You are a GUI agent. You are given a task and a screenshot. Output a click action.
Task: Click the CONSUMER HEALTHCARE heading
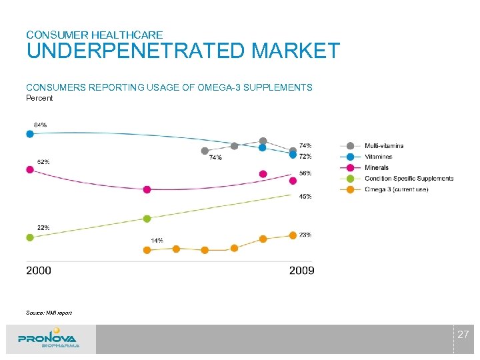point(94,34)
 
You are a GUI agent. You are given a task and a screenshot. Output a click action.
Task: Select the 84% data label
point(40,125)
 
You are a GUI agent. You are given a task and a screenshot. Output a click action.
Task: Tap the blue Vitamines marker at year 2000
point(29,134)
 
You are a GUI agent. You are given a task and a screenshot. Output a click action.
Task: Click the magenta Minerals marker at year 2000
point(29,169)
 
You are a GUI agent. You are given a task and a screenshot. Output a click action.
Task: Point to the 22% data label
point(43,227)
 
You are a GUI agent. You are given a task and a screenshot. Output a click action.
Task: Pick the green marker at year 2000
point(29,237)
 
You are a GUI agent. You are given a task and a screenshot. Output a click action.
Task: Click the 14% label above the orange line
point(157,240)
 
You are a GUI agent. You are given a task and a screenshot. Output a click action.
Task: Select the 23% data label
point(305,235)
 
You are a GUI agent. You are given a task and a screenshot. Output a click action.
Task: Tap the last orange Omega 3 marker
point(293,235)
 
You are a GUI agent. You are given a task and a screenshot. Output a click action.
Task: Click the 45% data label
point(305,197)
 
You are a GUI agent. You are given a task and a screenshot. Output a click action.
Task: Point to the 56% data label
point(305,173)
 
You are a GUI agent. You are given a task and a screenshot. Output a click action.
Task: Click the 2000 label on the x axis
point(39,271)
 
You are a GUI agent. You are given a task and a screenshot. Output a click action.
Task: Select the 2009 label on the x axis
point(301,271)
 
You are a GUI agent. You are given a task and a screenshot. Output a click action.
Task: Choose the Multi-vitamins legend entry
point(383,146)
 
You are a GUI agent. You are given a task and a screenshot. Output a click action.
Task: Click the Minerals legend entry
point(377,168)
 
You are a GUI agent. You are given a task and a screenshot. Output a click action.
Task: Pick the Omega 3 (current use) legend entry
point(396,189)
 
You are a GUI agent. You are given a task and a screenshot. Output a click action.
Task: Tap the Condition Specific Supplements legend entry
point(408,179)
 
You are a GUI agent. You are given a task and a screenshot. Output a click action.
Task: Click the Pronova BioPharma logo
point(49,339)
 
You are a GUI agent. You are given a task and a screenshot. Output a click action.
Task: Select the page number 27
point(463,334)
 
